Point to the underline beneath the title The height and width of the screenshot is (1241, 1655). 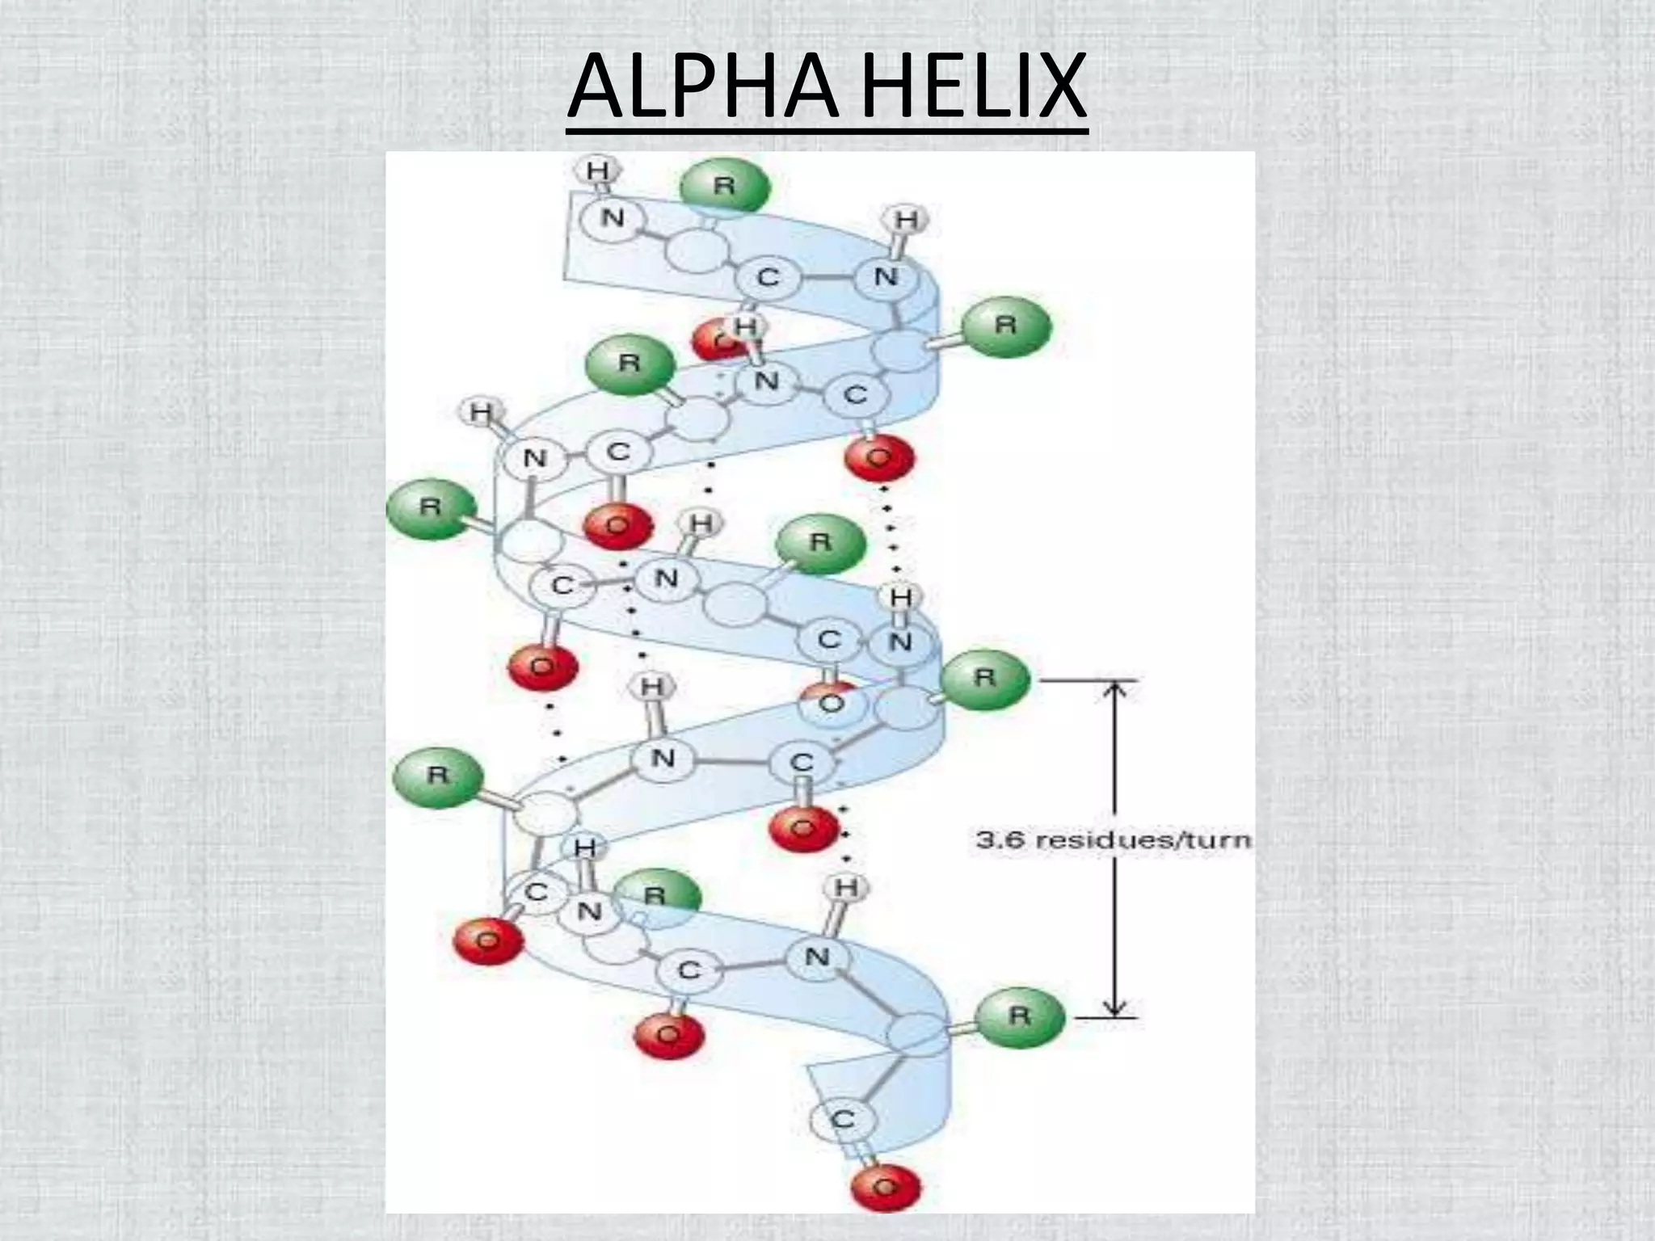pyautogui.click(x=827, y=133)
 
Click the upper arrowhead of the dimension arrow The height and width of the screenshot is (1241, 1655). pyautogui.click(x=1115, y=688)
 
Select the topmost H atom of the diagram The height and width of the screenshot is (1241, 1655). pyautogui.click(x=598, y=171)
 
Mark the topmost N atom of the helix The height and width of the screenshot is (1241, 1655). pyautogui.click(x=613, y=218)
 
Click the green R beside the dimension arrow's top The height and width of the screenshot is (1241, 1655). pyautogui.click(x=985, y=677)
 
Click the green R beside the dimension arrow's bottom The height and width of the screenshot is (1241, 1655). pyautogui.click(x=1019, y=1015)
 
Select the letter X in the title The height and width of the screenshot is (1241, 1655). pyautogui.click(x=1053, y=86)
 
